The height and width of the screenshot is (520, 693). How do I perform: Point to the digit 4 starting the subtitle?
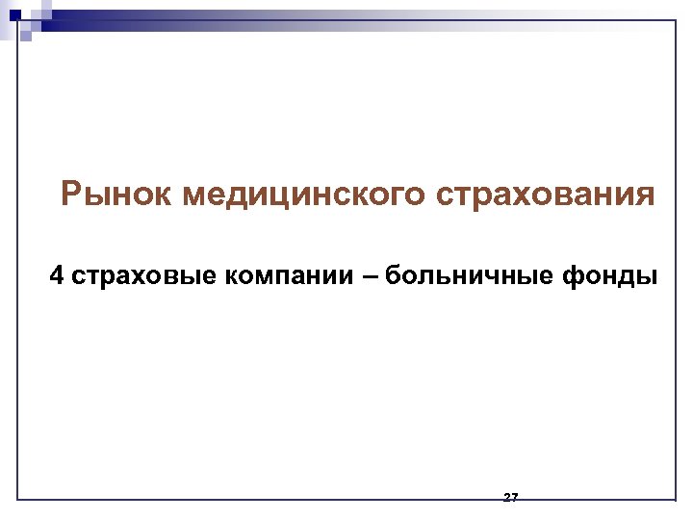[x=58, y=277]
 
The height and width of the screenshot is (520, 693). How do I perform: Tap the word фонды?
[x=611, y=277]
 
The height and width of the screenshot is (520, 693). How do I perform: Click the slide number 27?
[x=511, y=497]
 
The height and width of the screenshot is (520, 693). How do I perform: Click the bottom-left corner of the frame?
[x=18, y=499]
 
